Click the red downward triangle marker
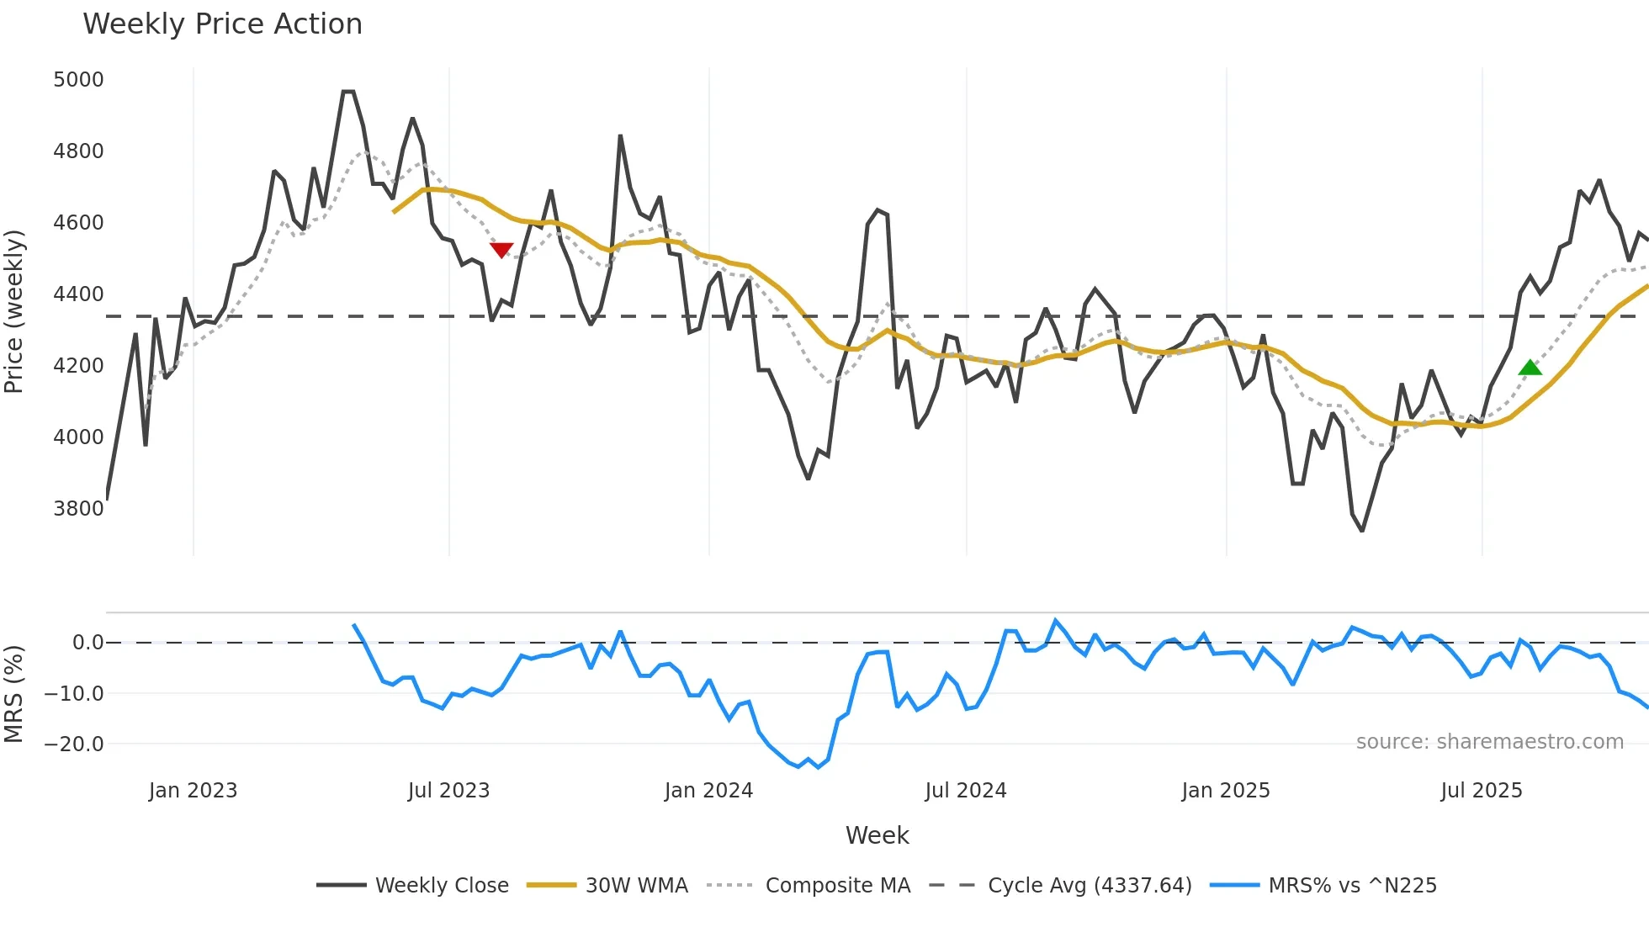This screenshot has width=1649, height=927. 501,250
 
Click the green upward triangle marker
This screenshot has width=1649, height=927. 1530,368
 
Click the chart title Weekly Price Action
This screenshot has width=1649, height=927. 222,24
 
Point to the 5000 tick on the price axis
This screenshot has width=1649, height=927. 78,80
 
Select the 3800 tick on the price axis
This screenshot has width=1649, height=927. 78,509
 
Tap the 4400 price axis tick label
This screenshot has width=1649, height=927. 78,294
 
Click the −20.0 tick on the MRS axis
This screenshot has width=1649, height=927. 74,744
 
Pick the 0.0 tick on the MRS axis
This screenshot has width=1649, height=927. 87,643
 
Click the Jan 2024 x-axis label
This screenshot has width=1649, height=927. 708,791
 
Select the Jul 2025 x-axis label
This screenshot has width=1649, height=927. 1481,791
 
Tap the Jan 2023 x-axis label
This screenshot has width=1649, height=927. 193,791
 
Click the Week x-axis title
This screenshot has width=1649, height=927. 877,835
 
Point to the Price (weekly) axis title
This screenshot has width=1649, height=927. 14,311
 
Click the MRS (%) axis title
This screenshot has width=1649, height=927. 14,694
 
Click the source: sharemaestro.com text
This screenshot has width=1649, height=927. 1489,742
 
